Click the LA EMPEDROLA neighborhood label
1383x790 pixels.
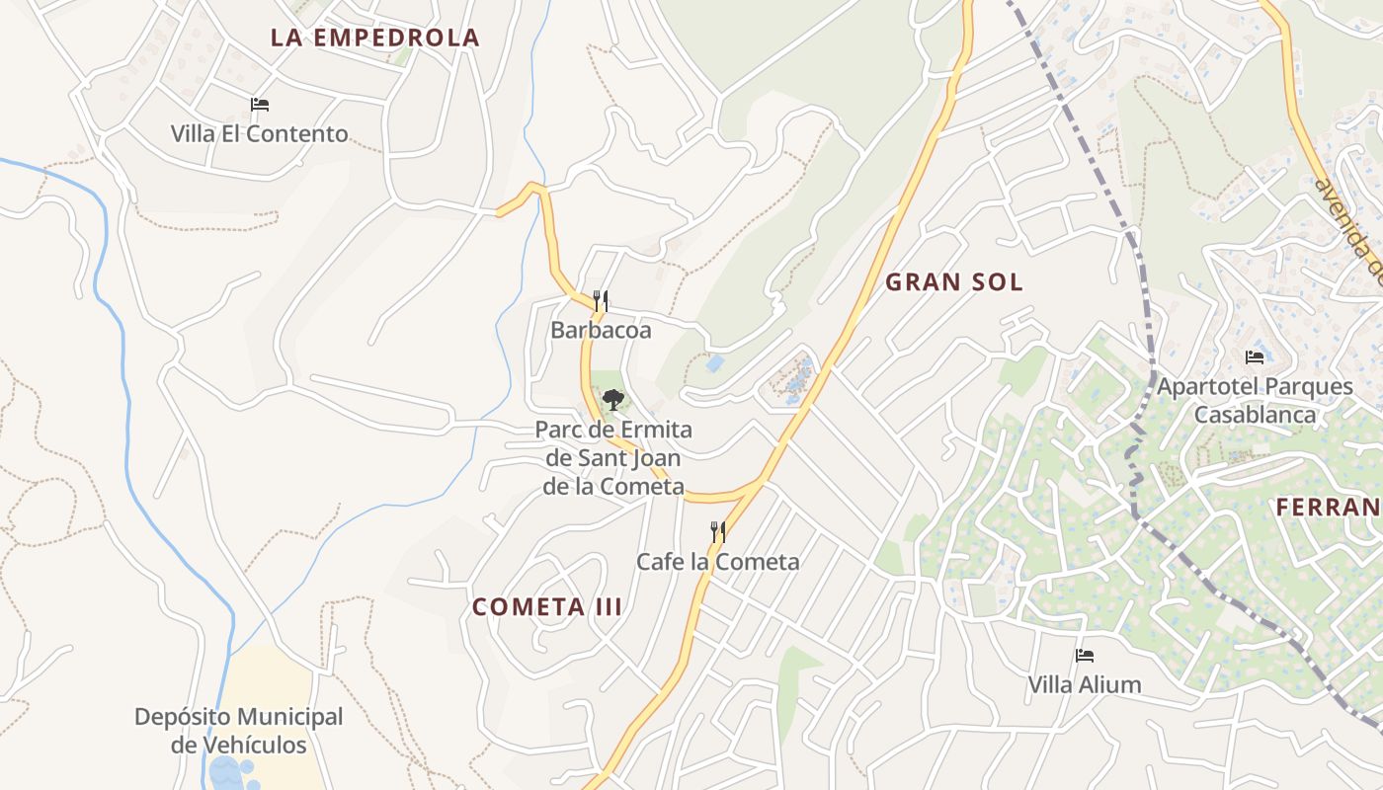374,39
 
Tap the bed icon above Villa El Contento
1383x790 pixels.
260,105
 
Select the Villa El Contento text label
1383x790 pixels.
259,133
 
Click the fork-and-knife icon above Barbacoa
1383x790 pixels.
600,300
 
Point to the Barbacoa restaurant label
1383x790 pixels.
601,330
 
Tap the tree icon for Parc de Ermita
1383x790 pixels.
613,400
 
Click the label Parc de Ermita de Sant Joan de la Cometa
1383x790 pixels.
613,458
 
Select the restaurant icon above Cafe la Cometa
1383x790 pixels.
718,532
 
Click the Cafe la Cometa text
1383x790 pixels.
717,562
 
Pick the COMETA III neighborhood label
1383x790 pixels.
547,607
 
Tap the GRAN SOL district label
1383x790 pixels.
953,282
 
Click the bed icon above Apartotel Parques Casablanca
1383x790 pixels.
1255,357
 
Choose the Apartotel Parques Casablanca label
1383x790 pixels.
1255,400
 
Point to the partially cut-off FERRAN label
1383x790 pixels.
1328,508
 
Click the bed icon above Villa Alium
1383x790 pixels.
1085,656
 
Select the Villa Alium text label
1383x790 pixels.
1084,684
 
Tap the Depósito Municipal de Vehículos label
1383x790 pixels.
238,731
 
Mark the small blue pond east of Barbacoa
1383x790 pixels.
714,363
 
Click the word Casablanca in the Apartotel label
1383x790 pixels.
1255,414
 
